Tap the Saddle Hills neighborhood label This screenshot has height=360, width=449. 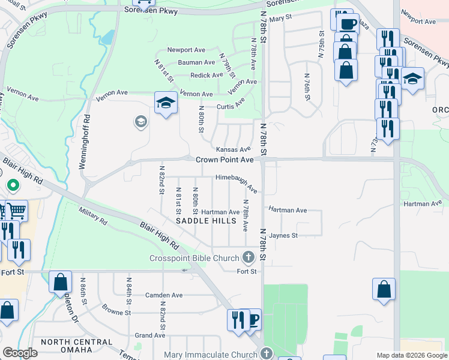[x=200, y=221]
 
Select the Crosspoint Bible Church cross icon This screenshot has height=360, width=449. [x=249, y=259]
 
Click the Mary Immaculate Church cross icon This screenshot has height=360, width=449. [x=267, y=353]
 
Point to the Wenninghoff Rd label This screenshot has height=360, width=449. [x=87, y=141]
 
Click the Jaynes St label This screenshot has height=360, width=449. [x=283, y=236]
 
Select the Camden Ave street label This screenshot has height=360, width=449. [x=164, y=295]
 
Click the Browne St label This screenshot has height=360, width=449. [x=116, y=313]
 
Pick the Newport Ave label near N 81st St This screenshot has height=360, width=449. [x=186, y=50]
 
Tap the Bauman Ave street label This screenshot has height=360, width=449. [x=196, y=62]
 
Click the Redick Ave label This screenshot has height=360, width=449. [x=206, y=76]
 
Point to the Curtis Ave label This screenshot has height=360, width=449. [x=231, y=106]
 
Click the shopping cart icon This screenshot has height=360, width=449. [x=16, y=211]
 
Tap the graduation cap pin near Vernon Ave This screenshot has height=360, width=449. [x=165, y=102]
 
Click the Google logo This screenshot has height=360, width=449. [x=20, y=352]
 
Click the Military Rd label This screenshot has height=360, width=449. [x=93, y=216]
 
